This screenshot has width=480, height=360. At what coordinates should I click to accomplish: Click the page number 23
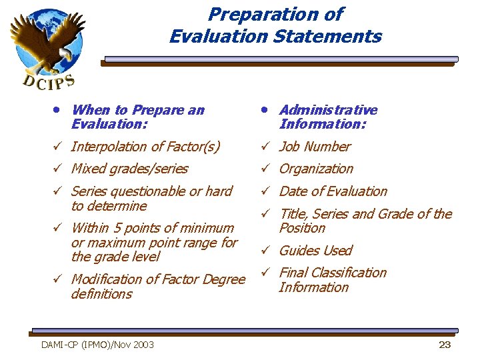coord(445,345)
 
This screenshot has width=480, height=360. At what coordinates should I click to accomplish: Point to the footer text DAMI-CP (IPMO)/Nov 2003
coord(97,345)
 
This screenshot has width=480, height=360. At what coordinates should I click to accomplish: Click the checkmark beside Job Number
coord(265,147)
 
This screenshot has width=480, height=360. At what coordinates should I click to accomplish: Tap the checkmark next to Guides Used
coord(265,251)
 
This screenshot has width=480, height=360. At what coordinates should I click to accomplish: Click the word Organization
coord(316,169)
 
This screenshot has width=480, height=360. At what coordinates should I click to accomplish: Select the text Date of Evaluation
coord(333,191)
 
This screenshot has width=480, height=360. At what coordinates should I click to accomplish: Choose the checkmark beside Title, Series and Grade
coord(265,214)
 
